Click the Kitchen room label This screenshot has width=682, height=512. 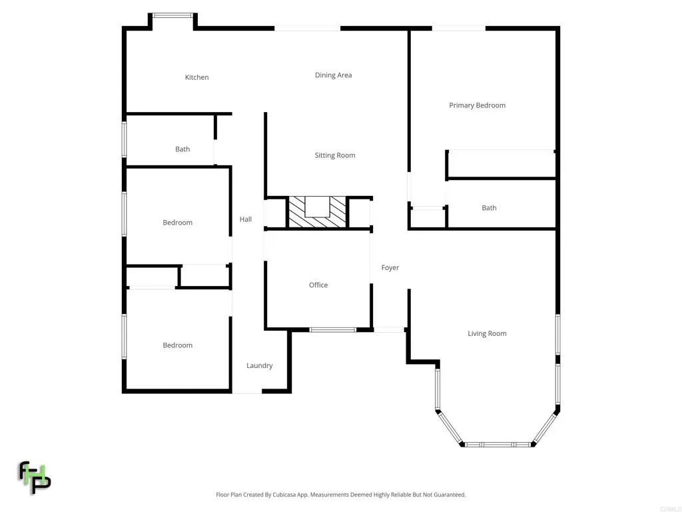coord(196,77)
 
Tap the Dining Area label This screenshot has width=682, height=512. coord(333,75)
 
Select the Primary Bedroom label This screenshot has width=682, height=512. coord(477,105)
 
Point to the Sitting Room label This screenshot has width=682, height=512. coord(335,155)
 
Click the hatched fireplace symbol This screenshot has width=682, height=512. coord(317,213)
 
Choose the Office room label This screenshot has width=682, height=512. coord(318,285)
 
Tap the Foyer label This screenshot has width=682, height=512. coord(390,267)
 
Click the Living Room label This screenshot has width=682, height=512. coord(487,333)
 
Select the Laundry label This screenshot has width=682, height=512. coord(259,365)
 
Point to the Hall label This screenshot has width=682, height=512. coord(246,219)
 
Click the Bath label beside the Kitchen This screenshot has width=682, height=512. coord(182,149)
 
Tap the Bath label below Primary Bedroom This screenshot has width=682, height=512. coord(489,208)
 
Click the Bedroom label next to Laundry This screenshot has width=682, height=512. coord(178,345)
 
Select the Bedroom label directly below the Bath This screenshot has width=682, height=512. coord(178,223)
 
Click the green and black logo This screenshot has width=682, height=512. coord(34,477)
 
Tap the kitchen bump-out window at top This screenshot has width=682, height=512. coord(172,15)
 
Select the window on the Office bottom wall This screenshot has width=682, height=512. coord(333,329)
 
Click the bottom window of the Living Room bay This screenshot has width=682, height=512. coord(498,444)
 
